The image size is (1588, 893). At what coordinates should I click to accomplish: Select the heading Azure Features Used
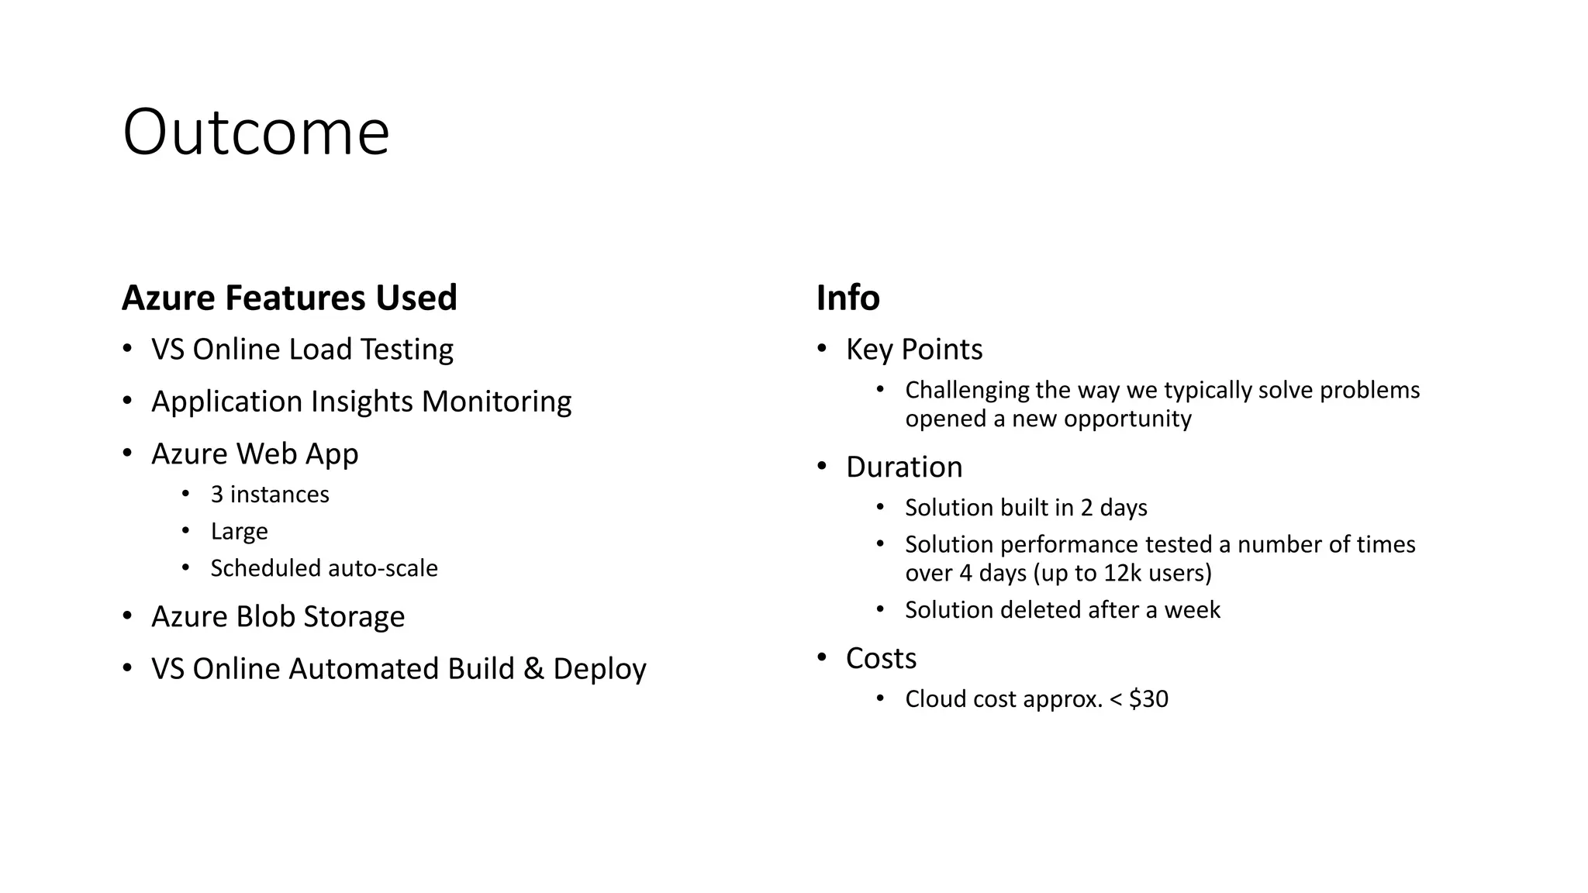(289, 298)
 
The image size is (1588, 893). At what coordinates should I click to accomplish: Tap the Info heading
(848, 298)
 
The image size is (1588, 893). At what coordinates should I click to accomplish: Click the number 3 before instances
(217, 495)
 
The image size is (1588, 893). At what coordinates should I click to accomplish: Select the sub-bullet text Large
(239, 532)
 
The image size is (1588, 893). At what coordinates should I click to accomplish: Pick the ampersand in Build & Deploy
(533, 669)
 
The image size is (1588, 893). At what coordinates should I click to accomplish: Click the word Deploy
(599, 669)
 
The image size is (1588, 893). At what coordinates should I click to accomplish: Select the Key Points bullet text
(914, 350)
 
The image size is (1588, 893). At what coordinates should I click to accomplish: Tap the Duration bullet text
(904, 467)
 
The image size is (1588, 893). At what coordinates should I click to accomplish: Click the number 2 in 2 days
(1086, 508)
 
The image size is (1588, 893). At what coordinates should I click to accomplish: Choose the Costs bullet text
(881, 659)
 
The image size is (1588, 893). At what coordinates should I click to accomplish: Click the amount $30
(1148, 699)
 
